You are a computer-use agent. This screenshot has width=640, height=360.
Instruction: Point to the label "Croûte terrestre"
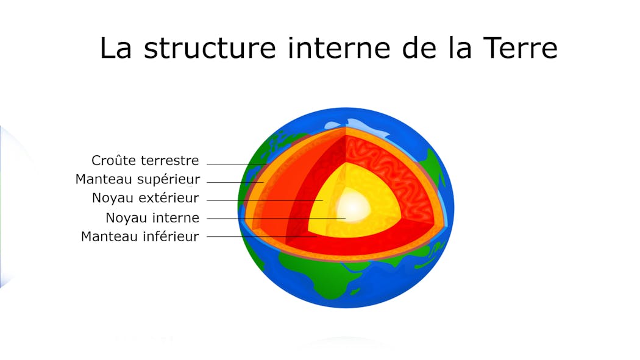145,161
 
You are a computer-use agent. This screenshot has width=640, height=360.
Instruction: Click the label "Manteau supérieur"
137,180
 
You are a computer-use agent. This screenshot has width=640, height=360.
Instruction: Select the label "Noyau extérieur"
145,198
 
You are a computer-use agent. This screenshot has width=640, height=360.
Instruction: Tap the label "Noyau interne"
152,217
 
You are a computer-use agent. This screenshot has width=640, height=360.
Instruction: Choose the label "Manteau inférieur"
140,236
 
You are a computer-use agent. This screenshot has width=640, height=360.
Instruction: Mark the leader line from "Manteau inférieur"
250,236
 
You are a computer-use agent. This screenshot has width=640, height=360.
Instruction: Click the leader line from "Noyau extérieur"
262,200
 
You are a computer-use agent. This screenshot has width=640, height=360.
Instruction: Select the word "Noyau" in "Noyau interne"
125,217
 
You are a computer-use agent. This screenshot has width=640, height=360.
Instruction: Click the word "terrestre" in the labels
169,161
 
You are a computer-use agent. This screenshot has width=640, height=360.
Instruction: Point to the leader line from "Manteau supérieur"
235,182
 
